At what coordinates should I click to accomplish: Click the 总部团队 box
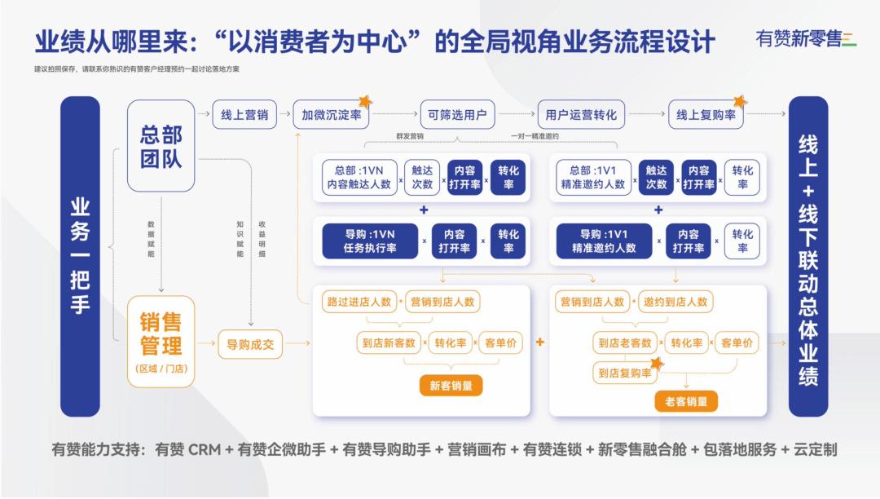(161, 146)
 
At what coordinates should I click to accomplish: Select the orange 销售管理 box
(161, 336)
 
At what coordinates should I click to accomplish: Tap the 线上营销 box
(244, 115)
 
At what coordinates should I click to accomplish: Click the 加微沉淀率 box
(331, 115)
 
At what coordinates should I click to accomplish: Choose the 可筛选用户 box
(457, 115)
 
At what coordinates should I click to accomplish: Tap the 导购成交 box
(250, 344)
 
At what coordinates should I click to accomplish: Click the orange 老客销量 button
(686, 400)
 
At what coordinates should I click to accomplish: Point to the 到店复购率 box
(625, 373)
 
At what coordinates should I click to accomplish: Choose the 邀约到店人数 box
(675, 302)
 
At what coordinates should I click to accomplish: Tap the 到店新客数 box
(389, 343)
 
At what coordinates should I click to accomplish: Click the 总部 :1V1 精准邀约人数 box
(592, 178)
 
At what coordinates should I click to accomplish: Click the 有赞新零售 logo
(802, 38)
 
